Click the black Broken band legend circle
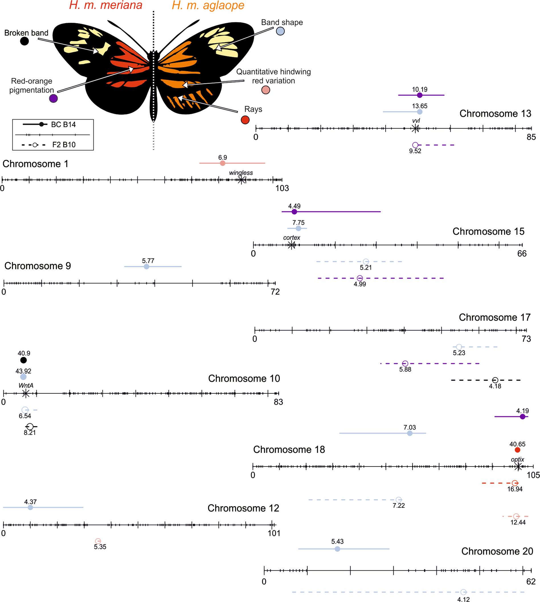[24, 41]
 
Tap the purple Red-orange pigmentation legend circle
[54, 98]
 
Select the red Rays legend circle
[245, 120]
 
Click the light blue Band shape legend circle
[280, 31]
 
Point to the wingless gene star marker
[242, 180]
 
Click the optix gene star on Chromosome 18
[518, 466]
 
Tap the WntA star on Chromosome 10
[26, 394]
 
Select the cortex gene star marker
[292, 245]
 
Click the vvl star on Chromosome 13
[415, 128]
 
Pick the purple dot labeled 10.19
[420, 95]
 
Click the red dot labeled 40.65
[517, 450]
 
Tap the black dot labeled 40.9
[23, 360]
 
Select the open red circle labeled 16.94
[515, 483]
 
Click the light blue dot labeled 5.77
[146, 267]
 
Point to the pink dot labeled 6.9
[222, 163]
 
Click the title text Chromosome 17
[495, 317]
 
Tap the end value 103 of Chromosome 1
[282, 188]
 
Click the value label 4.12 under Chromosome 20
[463, 599]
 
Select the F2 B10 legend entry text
[64, 145]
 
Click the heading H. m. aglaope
[208, 5]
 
